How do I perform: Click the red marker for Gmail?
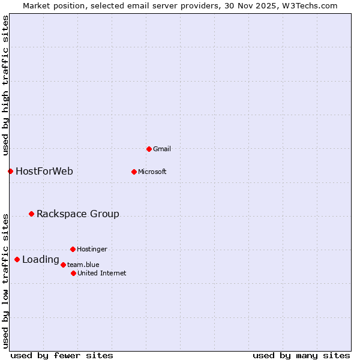click(x=149, y=149)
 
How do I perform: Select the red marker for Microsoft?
click(x=134, y=172)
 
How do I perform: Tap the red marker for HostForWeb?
click(x=10, y=172)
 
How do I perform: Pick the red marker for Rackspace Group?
click(x=31, y=214)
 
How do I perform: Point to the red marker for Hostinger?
click(x=73, y=249)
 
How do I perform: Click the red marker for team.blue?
click(x=63, y=265)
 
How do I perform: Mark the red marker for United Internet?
click(x=73, y=273)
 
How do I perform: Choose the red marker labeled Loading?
click(x=17, y=260)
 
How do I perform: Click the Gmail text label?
click(x=162, y=149)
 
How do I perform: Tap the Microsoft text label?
click(x=152, y=172)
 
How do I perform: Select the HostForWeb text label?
click(x=44, y=172)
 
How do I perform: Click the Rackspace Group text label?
click(x=78, y=214)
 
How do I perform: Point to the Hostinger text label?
click(x=92, y=249)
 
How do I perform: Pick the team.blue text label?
click(x=83, y=265)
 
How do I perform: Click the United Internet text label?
click(x=101, y=273)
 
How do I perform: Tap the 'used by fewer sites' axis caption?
click(x=62, y=355)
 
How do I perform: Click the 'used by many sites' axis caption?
click(x=301, y=355)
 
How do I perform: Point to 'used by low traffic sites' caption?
click(x=5, y=280)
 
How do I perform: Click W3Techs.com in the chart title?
click(x=310, y=5)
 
